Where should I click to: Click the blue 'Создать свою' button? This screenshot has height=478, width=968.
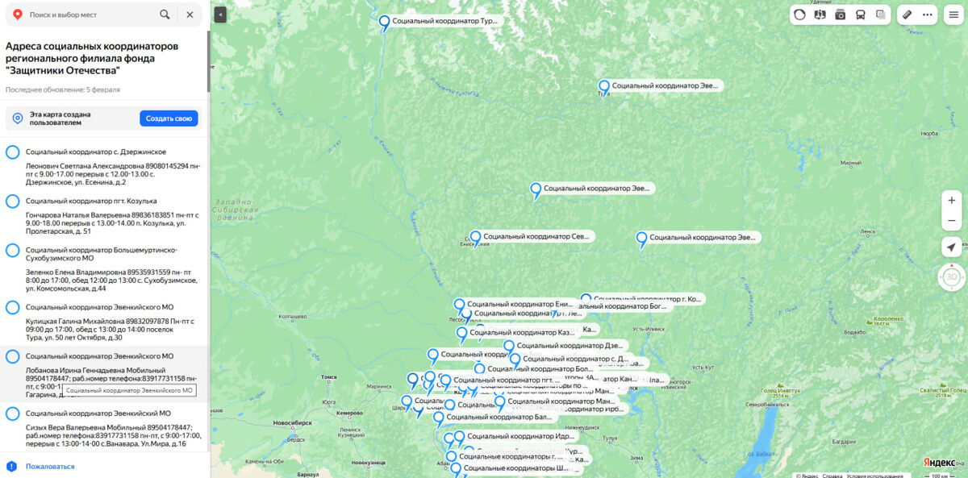pos(169,118)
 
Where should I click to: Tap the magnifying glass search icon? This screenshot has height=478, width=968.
pos(165,15)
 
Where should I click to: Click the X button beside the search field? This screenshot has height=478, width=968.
pos(190,15)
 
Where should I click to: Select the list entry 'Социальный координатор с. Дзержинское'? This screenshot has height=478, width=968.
pos(95,152)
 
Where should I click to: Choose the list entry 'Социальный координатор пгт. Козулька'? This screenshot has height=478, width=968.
pos(91,201)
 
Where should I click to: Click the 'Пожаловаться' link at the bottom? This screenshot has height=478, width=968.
pos(49,466)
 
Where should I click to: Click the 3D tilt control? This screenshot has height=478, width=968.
pos(951,277)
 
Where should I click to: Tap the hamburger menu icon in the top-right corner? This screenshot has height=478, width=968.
pos(953,15)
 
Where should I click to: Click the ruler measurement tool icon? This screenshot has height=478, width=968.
pos(907,15)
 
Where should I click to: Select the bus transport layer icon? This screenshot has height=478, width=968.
pos(861,15)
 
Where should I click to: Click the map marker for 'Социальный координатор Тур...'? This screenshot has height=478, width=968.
pos(385,22)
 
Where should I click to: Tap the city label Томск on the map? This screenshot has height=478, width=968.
pos(328,376)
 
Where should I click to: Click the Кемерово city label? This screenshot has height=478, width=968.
pos(349,412)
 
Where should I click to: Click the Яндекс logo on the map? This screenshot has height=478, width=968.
pos(939,462)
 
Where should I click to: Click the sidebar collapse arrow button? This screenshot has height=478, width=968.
pos(221,15)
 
